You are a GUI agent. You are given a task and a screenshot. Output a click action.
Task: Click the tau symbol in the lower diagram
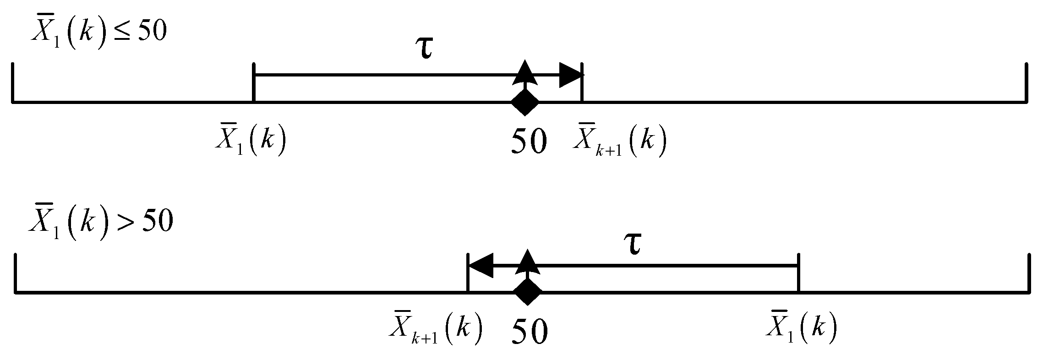click(634, 245)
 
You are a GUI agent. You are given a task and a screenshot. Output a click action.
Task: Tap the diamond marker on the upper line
click(525, 102)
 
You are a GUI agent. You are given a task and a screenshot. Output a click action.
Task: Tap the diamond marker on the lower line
click(528, 292)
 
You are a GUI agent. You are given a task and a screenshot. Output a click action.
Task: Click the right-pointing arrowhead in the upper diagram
click(571, 75)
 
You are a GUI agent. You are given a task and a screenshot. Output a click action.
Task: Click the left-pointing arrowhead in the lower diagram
click(481, 265)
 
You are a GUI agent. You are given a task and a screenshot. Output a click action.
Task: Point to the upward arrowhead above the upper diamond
click(525, 72)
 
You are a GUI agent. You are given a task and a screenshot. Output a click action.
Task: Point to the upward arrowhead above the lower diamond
click(528, 262)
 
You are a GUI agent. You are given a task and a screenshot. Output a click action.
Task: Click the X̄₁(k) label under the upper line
click(251, 139)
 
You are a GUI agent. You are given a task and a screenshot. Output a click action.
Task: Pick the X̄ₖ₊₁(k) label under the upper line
click(619, 139)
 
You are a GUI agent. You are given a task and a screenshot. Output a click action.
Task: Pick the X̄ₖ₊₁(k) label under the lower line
click(436, 329)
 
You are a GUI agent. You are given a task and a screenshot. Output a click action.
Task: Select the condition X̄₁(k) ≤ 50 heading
click(98, 34)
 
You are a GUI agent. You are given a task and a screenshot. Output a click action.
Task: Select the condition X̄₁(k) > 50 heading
click(101, 224)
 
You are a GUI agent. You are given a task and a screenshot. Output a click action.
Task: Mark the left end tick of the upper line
click(13, 82)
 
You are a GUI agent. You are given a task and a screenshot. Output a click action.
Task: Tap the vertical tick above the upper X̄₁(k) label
click(254, 82)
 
